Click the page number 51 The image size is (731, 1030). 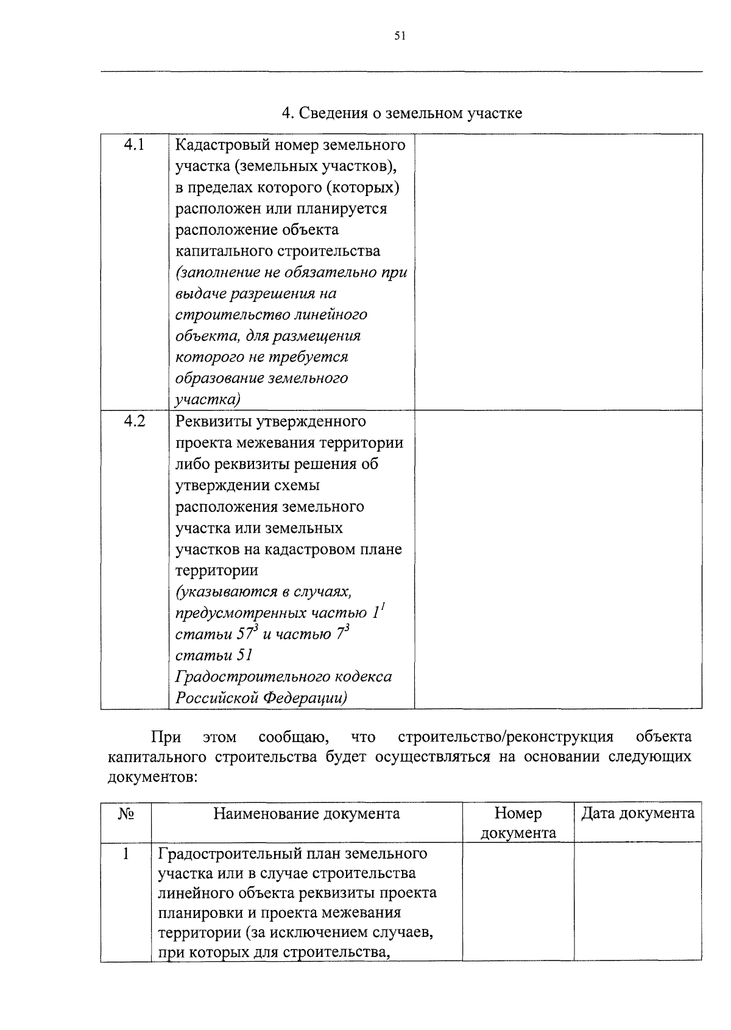tap(400, 36)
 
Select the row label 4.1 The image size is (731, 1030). tap(134, 144)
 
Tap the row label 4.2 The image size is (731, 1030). tap(134, 421)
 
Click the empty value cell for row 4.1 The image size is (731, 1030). tap(557, 272)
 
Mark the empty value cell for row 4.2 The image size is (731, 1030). tap(557, 559)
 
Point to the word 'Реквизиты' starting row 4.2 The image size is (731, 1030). tap(211, 421)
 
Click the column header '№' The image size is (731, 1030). tap(125, 814)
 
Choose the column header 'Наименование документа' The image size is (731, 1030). tap(306, 814)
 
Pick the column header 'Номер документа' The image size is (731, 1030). tap(518, 823)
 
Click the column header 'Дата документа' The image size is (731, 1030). tap(637, 814)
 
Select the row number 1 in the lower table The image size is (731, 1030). tap(125, 853)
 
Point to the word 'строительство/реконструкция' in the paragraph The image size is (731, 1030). tap(505, 737)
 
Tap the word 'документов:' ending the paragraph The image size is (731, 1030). tap(152, 777)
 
